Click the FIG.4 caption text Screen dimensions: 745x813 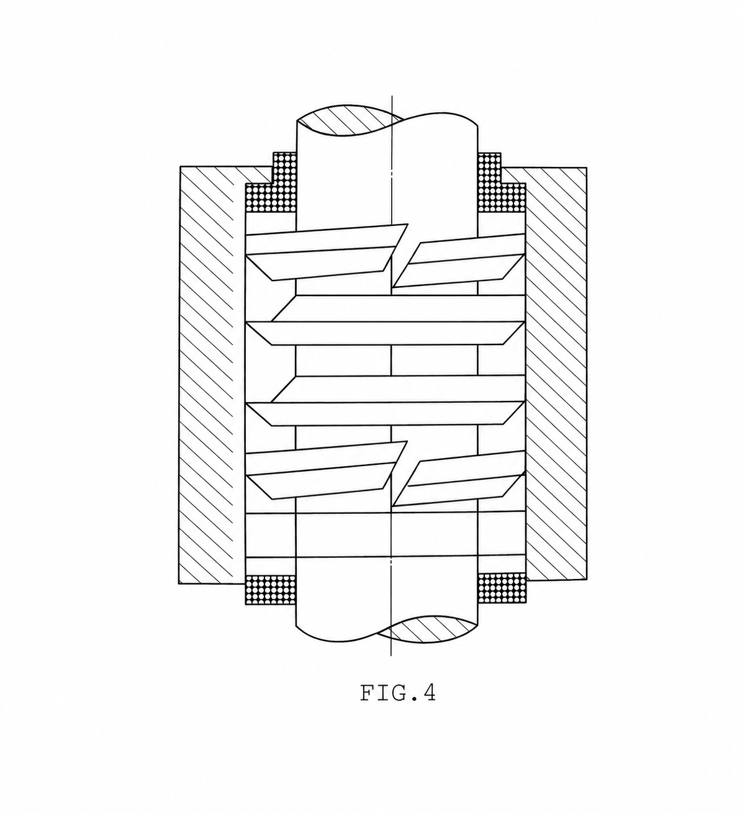(397, 693)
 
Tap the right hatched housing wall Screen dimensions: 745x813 (556, 372)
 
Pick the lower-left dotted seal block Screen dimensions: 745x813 (270, 589)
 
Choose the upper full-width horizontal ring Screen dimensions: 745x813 (388, 321)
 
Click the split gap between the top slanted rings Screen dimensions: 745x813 (400, 254)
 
